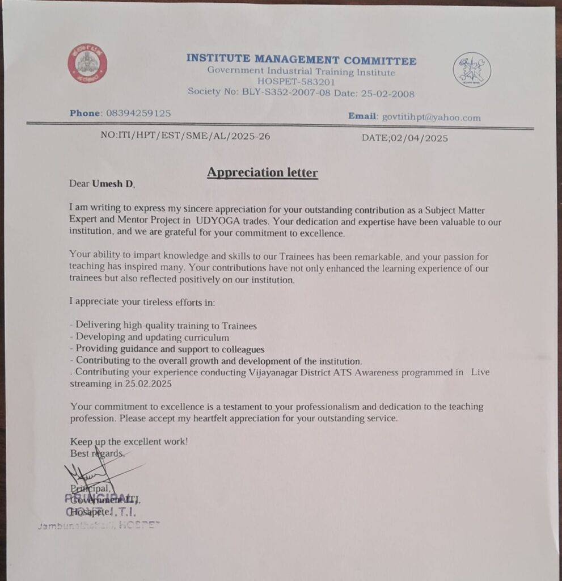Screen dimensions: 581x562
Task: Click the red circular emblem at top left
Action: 87,63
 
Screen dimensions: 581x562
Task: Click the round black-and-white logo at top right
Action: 472,70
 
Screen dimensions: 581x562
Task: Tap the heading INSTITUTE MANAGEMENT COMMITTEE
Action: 301,60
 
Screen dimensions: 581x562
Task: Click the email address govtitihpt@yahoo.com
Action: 431,117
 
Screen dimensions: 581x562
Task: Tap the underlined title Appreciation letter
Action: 262,172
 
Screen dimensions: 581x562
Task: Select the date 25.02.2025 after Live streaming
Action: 149,384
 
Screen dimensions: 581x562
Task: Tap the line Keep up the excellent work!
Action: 129,441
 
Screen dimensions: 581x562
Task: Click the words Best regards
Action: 96,453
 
